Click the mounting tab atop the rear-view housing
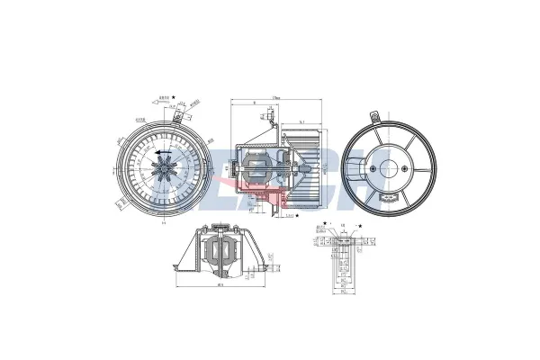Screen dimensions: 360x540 pyautogui.click(x=373, y=115)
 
